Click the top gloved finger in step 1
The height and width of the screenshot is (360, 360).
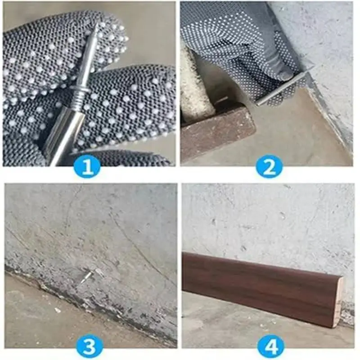pos(54,49)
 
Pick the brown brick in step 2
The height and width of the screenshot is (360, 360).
pos(216,133)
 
